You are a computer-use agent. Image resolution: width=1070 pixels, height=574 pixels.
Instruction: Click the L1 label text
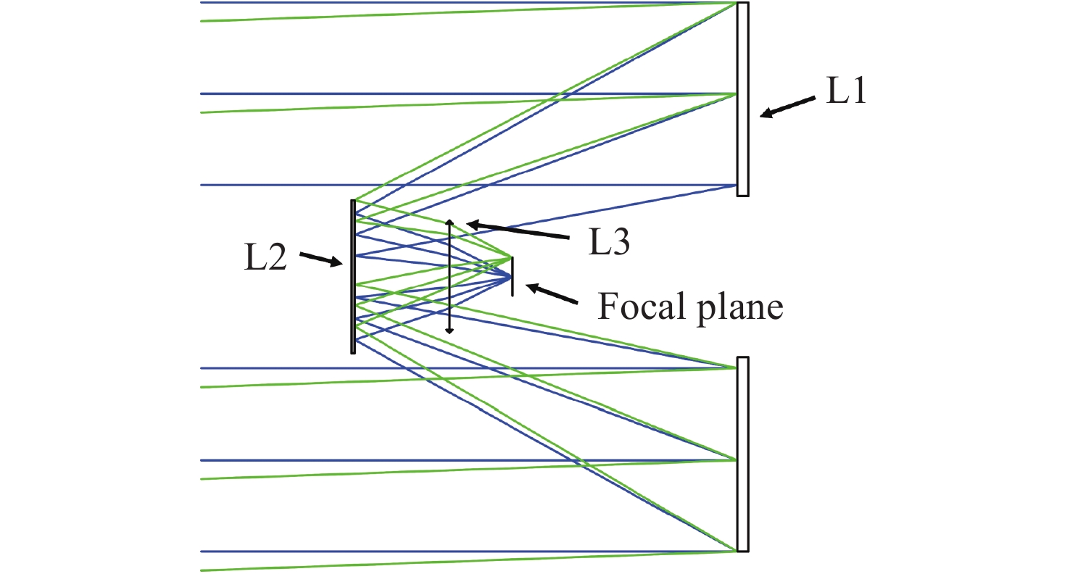847,94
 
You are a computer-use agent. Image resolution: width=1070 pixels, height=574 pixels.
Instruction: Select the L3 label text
607,244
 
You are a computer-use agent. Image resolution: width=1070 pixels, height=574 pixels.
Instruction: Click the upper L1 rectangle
742,99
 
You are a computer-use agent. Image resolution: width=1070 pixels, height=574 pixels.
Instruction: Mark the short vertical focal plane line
512,277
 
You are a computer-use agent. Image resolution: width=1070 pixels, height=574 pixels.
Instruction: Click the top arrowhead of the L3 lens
449,222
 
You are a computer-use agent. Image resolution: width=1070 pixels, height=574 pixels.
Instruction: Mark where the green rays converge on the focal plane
511,258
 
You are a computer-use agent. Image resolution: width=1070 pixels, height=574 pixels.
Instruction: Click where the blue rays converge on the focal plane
511,277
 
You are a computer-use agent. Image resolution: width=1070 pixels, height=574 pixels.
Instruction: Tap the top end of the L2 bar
353,201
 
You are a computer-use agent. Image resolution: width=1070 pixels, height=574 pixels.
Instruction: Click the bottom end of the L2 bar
353,352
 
